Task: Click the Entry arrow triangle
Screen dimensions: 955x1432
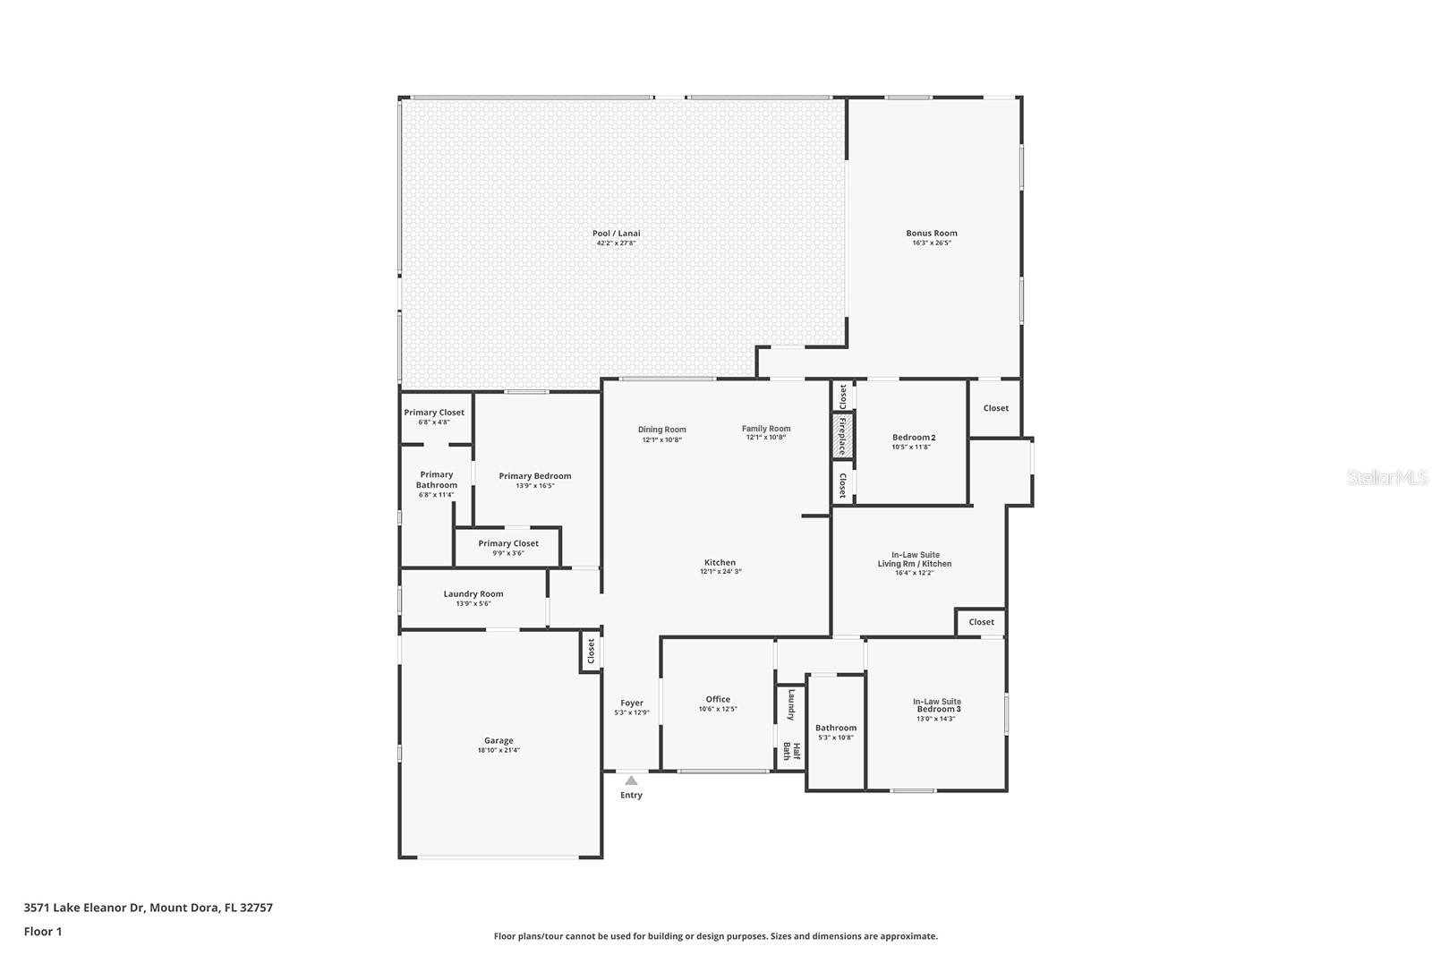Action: [x=631, y=780]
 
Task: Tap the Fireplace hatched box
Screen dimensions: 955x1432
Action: [x=842, y=435]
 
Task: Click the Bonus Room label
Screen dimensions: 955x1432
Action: [x=931, y=233]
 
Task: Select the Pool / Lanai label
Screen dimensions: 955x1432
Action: [x=616, y=233]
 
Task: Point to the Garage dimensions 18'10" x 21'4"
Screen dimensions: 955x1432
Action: [x=499, y=751]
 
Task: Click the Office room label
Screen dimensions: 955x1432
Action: [x=718, y=699]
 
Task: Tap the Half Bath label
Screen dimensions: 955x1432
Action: [x=792, y=751]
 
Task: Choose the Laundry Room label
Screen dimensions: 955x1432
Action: [x=473, y=593]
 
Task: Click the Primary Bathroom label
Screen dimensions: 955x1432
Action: [x=437, y=480]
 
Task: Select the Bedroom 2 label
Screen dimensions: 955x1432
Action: [x=913, y=437]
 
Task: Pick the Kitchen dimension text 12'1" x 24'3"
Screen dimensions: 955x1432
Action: [x=720, y=572]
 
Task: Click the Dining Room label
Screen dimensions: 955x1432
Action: [x=661, y=430]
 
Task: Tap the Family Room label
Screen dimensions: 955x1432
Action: [x=766, y=429]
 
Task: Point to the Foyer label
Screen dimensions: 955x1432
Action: [x=632, y=703]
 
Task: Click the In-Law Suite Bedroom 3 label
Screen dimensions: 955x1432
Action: [x=937, y=705]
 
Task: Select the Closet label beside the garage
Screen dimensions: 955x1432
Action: [x=591, y=651]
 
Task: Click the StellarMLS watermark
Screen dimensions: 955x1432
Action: [x=1388, y=477]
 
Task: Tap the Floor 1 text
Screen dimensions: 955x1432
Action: [x=43, y=931]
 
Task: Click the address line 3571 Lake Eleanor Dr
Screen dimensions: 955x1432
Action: [x=148, y=907]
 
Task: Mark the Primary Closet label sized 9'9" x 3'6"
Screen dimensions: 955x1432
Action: [x=508, y=543]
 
